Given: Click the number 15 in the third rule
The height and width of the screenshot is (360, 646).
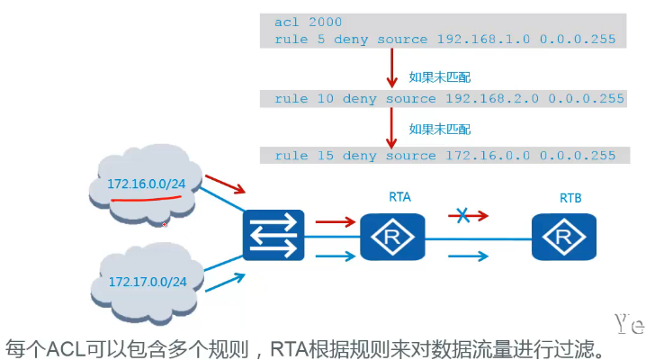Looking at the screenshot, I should pos(325,156).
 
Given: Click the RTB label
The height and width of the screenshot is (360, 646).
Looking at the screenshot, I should pos(570,196).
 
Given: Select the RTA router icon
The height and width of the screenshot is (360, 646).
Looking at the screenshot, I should pos(392,238).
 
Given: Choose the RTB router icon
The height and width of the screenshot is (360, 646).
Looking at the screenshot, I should pos(563,238).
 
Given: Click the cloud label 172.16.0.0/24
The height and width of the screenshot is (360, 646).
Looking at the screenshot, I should pos(148,184).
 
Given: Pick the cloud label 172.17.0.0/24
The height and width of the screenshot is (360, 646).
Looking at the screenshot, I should pos(148,282).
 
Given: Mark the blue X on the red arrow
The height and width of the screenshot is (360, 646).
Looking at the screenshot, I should pos(462,216).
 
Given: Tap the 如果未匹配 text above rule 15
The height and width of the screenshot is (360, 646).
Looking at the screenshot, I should pos(440,129).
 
